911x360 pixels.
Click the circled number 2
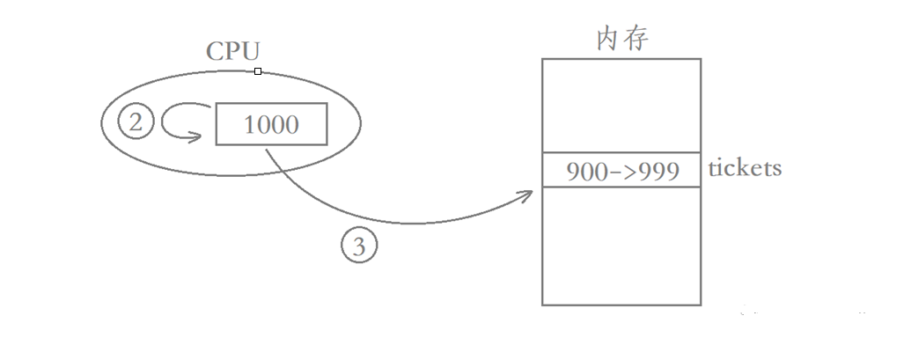[135, 123]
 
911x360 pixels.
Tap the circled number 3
[358, 247]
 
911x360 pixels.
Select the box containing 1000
[271, 124]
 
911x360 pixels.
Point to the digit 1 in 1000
[249, 125]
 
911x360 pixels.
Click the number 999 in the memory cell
[660, 170]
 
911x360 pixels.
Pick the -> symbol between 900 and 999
[621, 171]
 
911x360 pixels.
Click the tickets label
[745, 168]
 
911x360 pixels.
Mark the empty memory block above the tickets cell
[621, 105]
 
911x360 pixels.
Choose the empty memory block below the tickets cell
[621, 246]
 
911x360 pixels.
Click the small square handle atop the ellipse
[257, 70]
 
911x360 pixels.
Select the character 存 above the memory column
[635, 40]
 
